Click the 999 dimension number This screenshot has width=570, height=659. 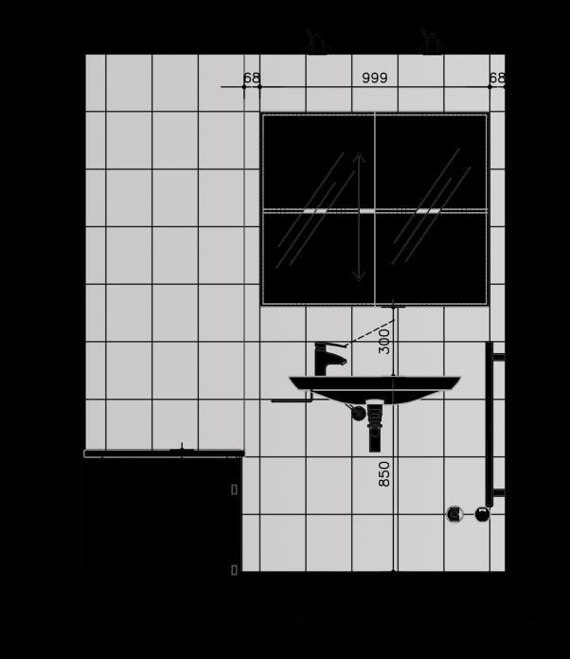(375, 78)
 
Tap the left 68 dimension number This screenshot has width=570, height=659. (252, 78)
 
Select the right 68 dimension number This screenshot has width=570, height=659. (497, 78)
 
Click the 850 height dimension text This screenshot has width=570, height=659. (384, 473)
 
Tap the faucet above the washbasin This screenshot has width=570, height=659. (327, 359)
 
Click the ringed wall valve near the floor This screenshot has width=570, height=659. (455, 514)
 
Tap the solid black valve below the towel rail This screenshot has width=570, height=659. (482, 514)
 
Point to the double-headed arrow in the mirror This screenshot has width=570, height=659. (359, 217)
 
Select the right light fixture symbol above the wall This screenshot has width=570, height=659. (432, 42)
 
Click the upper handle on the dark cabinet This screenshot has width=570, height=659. (234, 490)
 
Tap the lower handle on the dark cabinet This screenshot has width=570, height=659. (234, 569)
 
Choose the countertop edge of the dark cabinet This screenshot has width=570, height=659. (163, 454)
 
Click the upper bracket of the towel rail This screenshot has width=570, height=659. (498, 357)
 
